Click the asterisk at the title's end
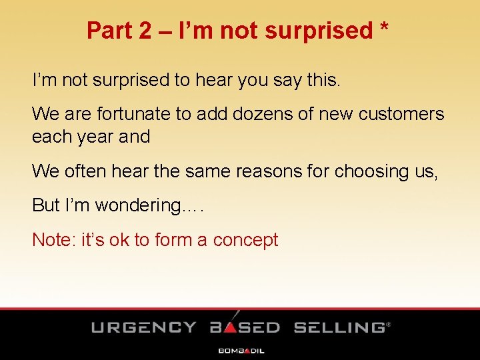click(384, 28)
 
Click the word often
click(88, 171)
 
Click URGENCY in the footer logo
click(144, 327)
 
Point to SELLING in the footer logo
click(339, 327)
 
